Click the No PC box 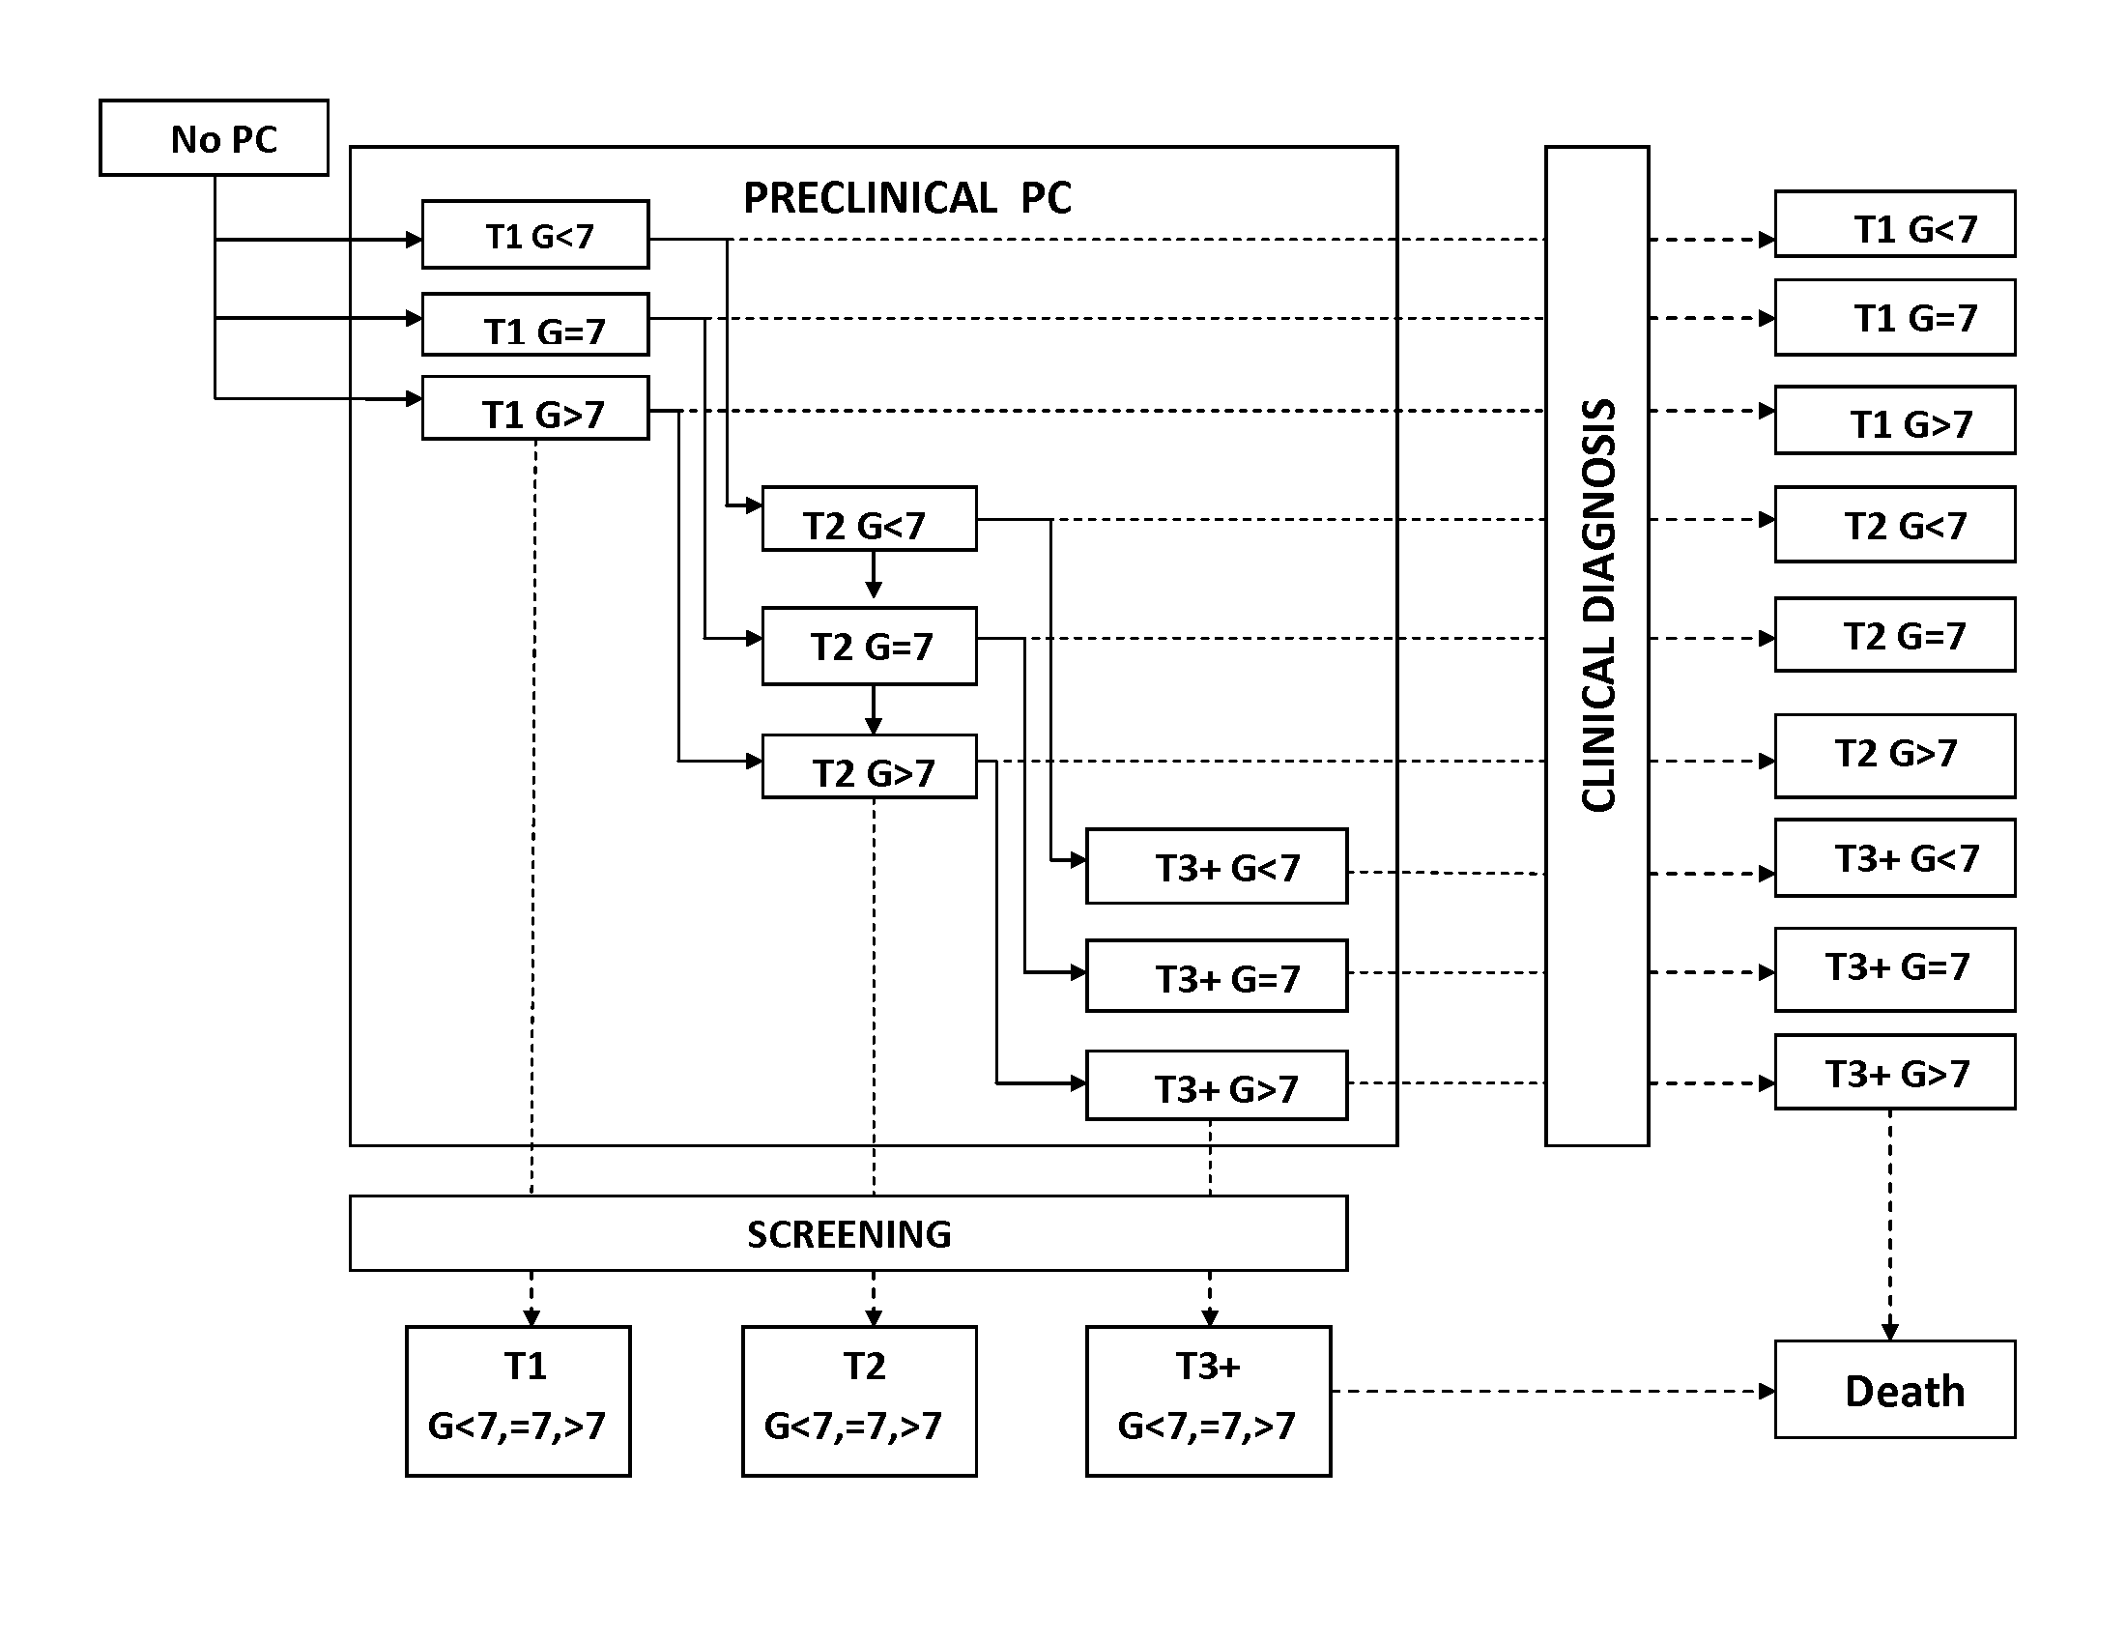[x=215, y=138]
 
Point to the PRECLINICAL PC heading [x=906, y=198]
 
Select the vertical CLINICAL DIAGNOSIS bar [x=1596, y=646]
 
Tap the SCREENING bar [x=848, y=1233]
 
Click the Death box [x=1894, y=1390]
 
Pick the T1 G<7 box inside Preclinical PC [x=535, y=235]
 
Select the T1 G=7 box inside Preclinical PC [x=535, y=325]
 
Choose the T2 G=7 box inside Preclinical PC [x=870, y=647]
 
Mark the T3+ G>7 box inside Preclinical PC [x=1217, y=1085]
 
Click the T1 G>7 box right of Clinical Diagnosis [x=1894, y=420]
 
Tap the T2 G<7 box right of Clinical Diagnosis [x=1894, y=525]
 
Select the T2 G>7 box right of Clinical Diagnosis [x=1894, y=757]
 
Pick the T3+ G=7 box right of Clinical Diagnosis [x=1894, y=969]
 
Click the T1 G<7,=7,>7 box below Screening [x=518, y=1400]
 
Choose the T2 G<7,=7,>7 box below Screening [x=859, y=1400]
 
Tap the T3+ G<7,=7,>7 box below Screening [x=1208, y=1400]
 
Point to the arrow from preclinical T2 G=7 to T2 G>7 [x=874, y=709]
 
